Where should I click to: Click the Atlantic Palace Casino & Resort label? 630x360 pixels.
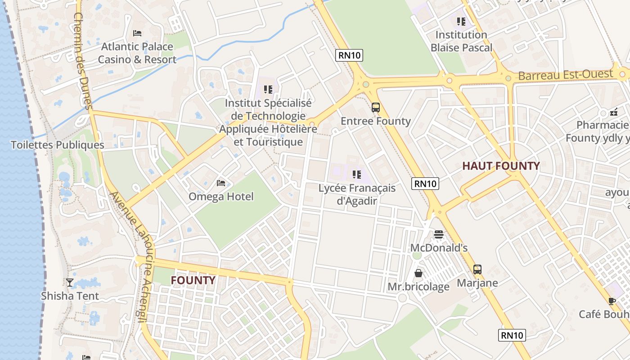137,53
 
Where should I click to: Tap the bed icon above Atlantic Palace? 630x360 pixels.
137,33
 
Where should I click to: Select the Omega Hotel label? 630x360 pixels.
221,197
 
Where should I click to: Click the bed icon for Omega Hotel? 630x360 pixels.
221,183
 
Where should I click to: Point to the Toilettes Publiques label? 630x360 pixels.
57,145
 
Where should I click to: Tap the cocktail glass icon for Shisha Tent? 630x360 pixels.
70,283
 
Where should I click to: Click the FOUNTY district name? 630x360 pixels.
193,280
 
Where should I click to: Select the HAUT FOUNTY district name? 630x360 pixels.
501,166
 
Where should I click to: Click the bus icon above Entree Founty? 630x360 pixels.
376,108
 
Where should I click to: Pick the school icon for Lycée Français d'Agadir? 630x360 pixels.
357,175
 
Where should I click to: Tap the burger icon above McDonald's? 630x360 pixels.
439,234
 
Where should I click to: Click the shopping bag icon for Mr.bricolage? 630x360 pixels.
418,273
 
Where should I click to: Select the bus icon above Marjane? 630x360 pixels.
477,270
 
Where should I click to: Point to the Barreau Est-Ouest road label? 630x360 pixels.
566,75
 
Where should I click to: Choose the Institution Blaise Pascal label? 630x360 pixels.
461,41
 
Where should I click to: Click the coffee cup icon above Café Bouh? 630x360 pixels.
612,301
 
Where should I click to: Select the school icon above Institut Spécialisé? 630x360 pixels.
268,90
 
